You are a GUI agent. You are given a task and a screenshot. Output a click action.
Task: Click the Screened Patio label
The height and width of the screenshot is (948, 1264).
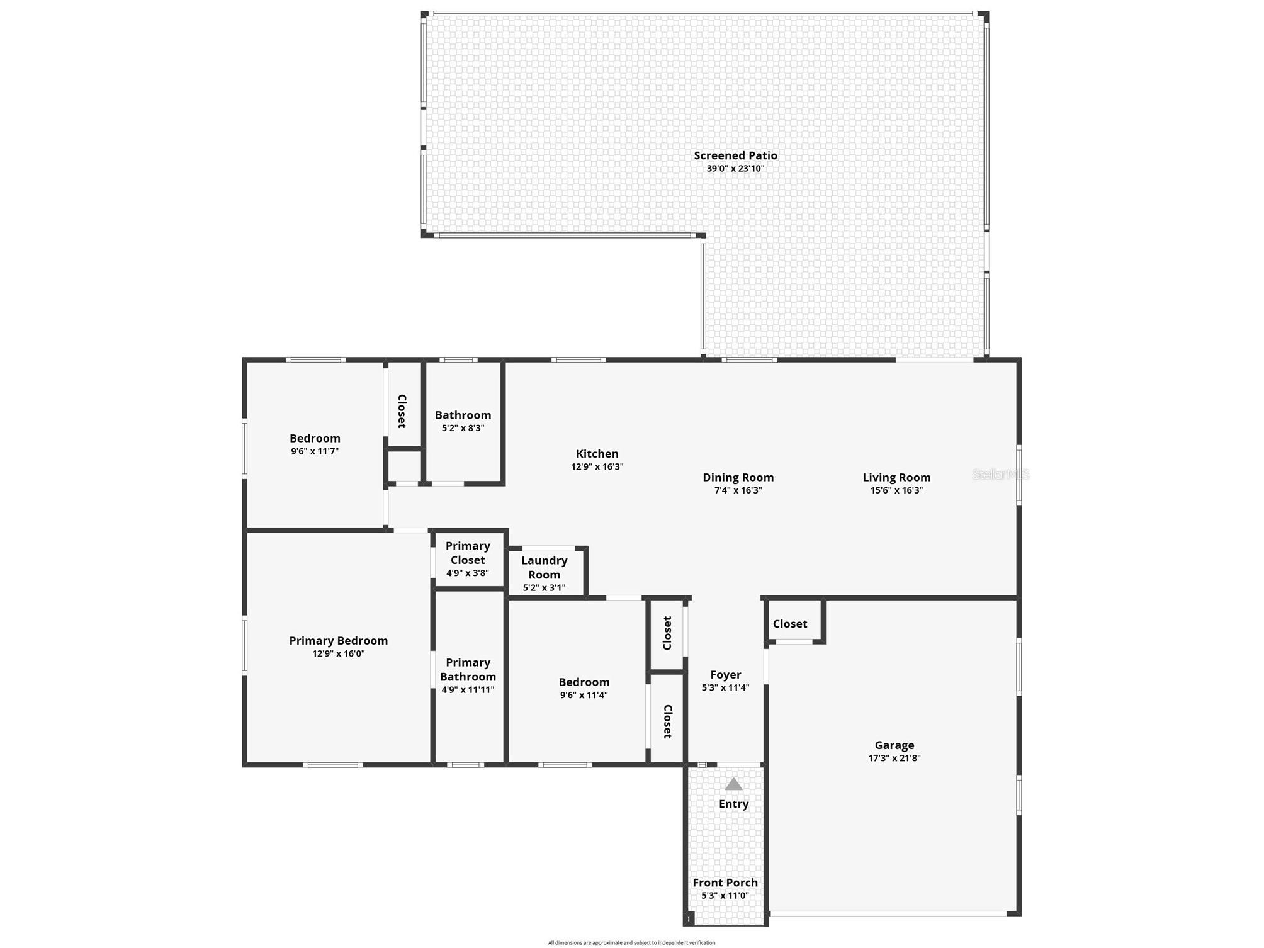coord(735,155)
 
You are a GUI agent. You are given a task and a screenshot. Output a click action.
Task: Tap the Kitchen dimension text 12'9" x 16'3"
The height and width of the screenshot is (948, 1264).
coord(597,467)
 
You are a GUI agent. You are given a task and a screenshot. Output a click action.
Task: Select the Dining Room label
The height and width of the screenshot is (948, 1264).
coord(738,478)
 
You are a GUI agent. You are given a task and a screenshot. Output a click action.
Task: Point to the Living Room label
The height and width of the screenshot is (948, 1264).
coord(896,478)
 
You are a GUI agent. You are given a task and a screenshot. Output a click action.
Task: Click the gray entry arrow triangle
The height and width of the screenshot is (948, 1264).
coord(733,784)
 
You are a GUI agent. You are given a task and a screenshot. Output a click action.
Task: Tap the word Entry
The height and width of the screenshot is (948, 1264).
coord(733,804)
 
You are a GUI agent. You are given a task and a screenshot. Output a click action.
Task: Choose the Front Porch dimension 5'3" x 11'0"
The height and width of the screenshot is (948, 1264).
coord(725,896)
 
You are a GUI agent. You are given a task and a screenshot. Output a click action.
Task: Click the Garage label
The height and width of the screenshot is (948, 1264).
coord(894,745)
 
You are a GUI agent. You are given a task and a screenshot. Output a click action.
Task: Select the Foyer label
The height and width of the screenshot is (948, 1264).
coord(725,675)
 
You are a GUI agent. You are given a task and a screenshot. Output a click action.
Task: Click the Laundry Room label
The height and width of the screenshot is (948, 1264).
coord(544,567)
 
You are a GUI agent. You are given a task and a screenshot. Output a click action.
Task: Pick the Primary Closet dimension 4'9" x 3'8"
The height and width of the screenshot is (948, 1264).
coord(467,573)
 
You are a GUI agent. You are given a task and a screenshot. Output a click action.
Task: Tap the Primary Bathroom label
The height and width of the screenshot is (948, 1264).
coord(468,670)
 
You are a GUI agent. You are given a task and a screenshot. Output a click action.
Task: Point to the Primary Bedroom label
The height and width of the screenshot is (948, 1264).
coord(338,641)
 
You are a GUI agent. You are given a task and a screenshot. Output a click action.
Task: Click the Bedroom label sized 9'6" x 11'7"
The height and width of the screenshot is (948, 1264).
coord(315,439)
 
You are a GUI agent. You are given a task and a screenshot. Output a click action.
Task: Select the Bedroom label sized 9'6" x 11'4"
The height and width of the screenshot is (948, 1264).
coord(584,682)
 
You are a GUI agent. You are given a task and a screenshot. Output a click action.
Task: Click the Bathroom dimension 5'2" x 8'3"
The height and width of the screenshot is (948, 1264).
coord(463,428)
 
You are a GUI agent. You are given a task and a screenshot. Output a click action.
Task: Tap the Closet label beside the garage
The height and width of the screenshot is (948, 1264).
coord(789,624)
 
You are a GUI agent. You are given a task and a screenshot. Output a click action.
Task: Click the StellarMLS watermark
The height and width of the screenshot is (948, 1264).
coord(1001,475)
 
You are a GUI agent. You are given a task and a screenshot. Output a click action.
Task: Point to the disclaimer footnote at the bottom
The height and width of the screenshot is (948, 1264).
coord(631,942)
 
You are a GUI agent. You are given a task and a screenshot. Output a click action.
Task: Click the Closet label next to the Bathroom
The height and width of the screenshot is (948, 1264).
coord(402,411)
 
